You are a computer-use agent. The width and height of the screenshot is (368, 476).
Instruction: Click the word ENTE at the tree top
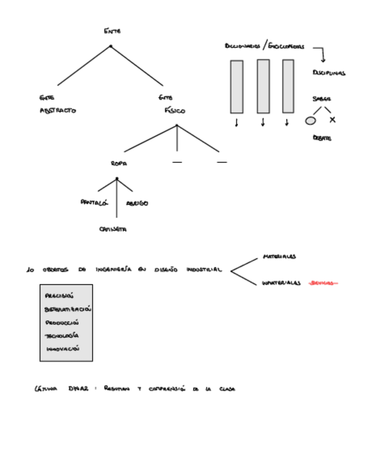112,31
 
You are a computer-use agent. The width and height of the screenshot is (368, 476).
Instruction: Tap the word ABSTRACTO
58,111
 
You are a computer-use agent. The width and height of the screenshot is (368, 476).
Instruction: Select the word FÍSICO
174,111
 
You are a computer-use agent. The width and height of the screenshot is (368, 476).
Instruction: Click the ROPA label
119,163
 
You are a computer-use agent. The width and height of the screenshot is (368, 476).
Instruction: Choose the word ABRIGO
137,203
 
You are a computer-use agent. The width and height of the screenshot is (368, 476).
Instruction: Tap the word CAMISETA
113,229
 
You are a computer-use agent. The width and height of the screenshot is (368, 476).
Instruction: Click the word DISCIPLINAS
329,73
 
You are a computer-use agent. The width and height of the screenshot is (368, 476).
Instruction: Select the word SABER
321,99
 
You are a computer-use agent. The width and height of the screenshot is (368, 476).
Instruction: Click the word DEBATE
322,138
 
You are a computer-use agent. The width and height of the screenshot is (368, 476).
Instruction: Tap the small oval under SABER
310,120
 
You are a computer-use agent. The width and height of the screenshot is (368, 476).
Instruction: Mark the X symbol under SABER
333,120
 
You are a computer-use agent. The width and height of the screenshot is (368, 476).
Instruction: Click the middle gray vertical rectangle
263,86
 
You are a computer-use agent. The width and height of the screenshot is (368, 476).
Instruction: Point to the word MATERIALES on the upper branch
279,257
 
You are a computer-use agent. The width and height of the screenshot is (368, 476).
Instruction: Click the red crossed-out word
324,283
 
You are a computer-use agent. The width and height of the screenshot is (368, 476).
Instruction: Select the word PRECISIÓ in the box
59,296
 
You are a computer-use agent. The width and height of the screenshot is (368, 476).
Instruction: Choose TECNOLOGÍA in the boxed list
62,336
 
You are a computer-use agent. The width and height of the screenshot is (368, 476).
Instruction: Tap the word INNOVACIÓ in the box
63,349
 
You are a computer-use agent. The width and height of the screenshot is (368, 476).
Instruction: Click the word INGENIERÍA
114,270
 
